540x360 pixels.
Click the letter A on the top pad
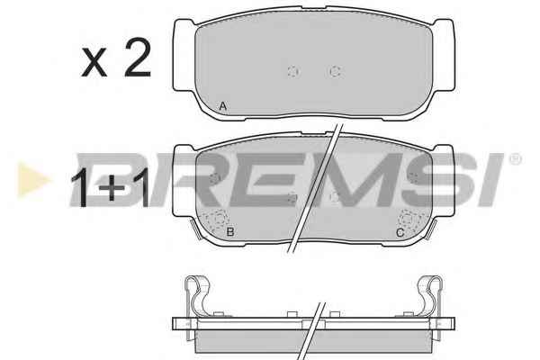click(223, 106)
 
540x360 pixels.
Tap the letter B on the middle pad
click(230, 232)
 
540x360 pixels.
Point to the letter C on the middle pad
click(400, 233)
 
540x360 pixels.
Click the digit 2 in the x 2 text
click(138, 58)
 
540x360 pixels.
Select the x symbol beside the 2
click(94, 62)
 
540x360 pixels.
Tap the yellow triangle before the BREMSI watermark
click(32, 180)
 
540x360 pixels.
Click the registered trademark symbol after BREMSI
click(515, 159)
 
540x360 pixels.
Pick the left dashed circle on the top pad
click(293, 72)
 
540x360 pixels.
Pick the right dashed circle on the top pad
click(335, 72)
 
